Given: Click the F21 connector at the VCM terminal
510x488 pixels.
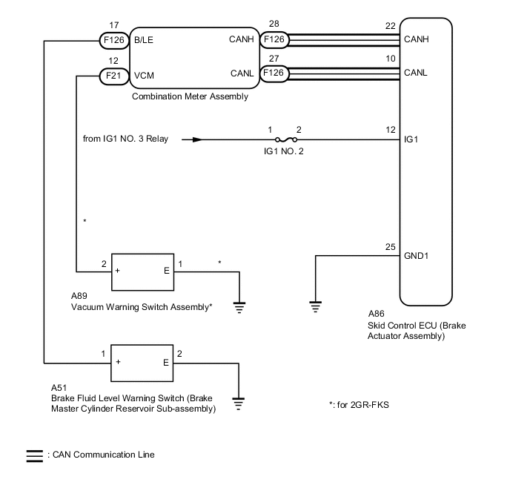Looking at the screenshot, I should pyautogui.click(x=114, y=74).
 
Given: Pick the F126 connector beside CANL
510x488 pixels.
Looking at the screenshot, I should pyautogui.click(x=274, y=73).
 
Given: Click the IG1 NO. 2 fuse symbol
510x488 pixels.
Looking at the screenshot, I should pyautogui.click(x=283, y=139).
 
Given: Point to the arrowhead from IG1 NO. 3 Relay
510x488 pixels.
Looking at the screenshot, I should pyautogui.click(x=196, y=139).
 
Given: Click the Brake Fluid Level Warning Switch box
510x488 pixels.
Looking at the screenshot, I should pyautogui.click(x=142, y=362).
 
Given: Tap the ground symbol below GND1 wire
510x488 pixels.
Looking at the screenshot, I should pyautogui.click(x=316, y=305).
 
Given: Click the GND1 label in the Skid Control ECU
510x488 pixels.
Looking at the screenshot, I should pyautogui.click(x=416, y=256).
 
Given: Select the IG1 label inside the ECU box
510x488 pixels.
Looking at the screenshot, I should pyautogui.click(x=410, y=139).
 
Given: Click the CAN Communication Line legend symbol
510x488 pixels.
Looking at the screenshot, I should pyautogui.click(x=35, y=455).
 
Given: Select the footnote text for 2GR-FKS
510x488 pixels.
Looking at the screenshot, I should pyautogui.click(x=358, y=405).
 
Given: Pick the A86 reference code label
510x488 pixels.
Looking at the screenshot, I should pyautogui.click(x=376, y=314).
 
